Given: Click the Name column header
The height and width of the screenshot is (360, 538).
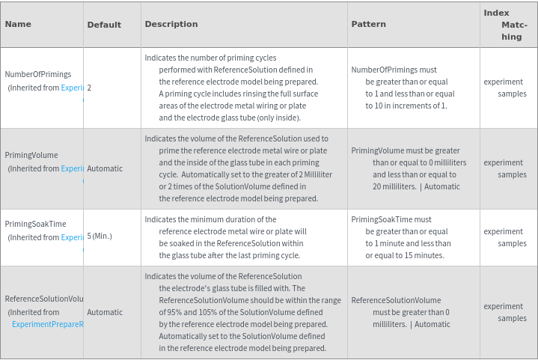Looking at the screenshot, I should click(x=18, y=24).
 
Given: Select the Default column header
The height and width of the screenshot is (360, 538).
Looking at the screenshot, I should click(x=104, y=25).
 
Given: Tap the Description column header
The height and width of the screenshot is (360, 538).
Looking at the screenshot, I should click(x=171, y=24).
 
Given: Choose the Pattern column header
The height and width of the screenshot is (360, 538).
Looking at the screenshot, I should click(x=369, y=24).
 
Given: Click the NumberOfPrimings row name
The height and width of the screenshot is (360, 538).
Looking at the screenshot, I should click(x=38, y=74).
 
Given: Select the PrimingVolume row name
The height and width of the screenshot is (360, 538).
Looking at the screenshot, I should click(x=31, y=155).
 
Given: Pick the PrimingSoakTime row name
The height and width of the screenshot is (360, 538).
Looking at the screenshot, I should click(x=35, y=224).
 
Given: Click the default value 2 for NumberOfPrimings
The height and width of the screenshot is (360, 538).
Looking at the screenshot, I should click(x=89, y=88).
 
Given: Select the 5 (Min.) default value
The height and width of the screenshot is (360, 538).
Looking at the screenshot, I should click(x=100, y=236).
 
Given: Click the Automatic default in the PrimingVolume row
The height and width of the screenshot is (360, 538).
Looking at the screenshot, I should click(x=105, y=168).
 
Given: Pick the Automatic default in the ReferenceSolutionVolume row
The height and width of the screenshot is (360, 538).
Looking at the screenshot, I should click(x=105, y=312).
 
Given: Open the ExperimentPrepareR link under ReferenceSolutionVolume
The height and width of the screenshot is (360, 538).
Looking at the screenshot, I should click(x=47, y=324).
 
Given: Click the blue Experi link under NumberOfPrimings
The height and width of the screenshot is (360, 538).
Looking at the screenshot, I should click(x=72, y=88).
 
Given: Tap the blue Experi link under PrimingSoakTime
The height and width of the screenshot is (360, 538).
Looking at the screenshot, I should click(x=72, y=237).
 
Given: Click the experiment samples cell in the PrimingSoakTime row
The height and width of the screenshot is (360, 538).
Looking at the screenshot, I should click(x=505, y=237).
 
